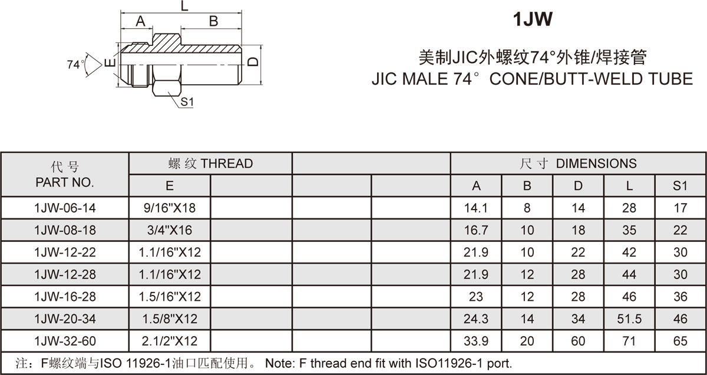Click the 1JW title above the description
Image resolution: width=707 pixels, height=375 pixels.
click(533, 19)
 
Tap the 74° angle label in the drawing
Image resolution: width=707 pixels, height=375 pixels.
click(75, 64)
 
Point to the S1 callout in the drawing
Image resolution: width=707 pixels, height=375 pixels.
click(187, 102)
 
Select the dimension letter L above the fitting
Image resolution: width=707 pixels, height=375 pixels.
click(184, 6)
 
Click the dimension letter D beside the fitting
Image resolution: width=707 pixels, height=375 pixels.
click(253, 61)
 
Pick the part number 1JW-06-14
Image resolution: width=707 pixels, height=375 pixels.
click(65, 208)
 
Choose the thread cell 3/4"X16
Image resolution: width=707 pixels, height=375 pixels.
click(170, 230)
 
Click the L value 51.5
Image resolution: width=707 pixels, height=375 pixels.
click(629, 319)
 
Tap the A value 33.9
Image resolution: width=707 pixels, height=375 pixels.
click(476, 341)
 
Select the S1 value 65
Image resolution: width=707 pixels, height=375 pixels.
click(680, 341)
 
